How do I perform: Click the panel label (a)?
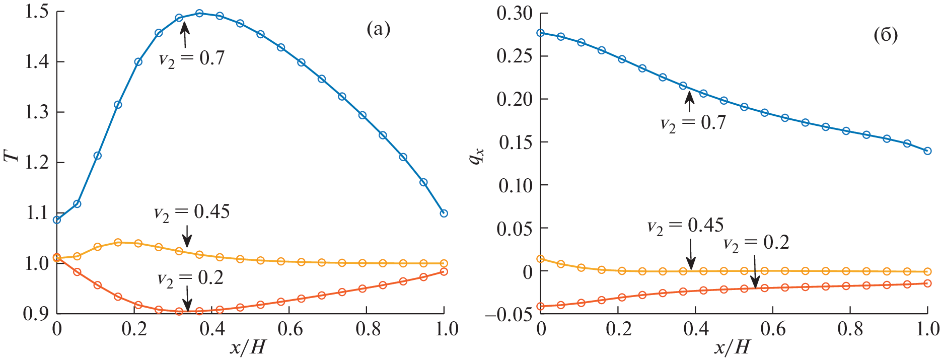378,30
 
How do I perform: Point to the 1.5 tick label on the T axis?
36,12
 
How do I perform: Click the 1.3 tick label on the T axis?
36,112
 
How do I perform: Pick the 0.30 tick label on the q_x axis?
514,13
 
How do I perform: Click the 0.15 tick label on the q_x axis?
514,142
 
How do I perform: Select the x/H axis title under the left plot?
248,347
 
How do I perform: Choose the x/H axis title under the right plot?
733,347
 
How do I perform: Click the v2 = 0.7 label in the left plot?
191,59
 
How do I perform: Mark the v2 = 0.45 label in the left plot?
191,212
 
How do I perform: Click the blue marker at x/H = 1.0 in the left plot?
444,213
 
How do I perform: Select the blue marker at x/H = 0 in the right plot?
541,33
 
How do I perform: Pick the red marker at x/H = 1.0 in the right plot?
927,283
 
